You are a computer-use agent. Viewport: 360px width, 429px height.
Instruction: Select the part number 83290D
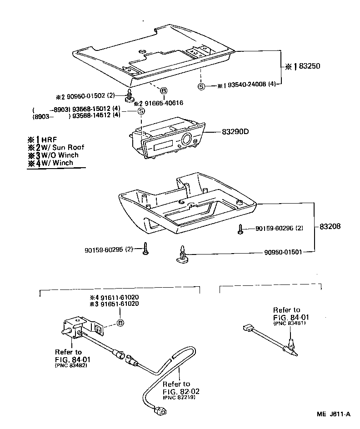pyautogui.click(x=236, y=132)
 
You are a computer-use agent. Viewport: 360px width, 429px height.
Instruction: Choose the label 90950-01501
pyautogui.click(x=284, y=252)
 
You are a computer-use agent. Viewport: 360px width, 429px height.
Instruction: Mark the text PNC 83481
pyautogui.click(x=289, y=323)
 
